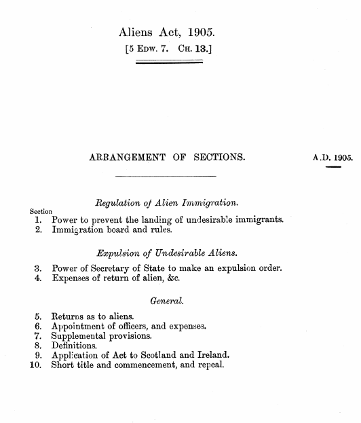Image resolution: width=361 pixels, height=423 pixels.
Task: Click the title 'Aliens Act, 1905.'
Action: (170, 31)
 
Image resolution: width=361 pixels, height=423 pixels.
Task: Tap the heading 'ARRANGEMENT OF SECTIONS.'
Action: (167, 158)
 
